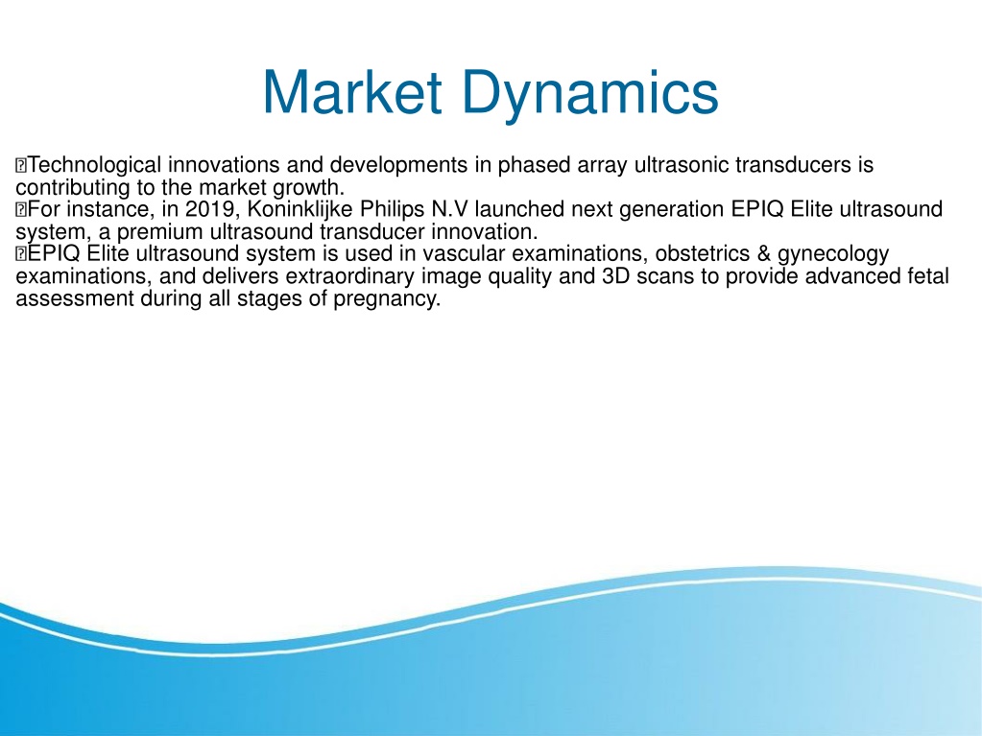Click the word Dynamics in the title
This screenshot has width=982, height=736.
coord(590,94)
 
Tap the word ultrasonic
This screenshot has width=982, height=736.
coord(682,165)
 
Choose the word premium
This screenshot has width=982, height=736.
coord(159,232)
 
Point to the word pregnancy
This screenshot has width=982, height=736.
coord(387,298)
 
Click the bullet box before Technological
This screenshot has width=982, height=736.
coord(21,166)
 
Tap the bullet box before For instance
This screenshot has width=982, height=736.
coord(21,209)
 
